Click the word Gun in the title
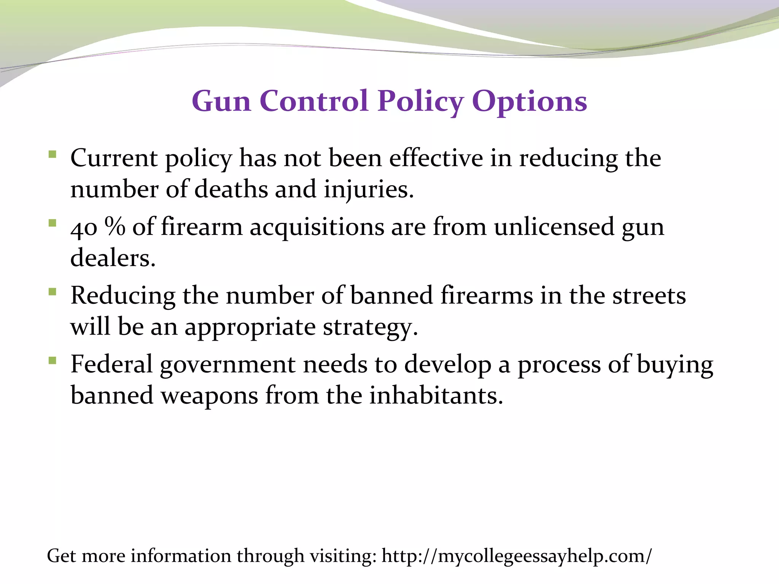click(x=221, y=102)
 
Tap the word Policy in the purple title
click(x=420, y=102)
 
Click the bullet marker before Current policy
click(x=52, y=154)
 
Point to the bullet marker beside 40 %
click(x=52, y=223)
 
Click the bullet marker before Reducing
click(x=52, y=292)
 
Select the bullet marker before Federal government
click(x=52, y=360)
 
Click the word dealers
click(x=113, y=258)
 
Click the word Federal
click(x=111, y=364)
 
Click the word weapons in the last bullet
click(x=209, y=396)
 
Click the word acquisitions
click(x=317, y=227)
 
